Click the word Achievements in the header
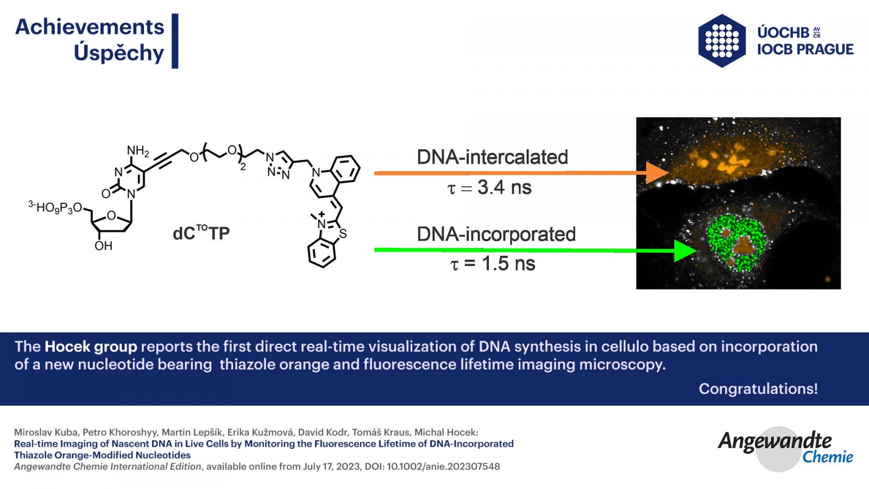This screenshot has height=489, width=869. click(90, 27)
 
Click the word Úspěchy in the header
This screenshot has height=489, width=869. click(119, 53)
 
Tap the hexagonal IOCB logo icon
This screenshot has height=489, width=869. click(722, 41)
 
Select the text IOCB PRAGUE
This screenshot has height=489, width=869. click(805, 49)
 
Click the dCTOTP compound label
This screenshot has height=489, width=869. click(201, 233)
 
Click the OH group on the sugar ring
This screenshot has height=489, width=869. click(103, 246)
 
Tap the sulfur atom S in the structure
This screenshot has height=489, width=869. click(343, 234)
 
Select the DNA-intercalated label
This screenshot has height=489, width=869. click(492, 157)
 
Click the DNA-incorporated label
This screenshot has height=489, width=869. click(496, 234)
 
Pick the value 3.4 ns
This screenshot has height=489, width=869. click(505, 187)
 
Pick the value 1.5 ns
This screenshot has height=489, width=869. click(508, 264)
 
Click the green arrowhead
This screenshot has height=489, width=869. click(685, 250)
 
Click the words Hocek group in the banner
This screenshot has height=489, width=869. click(91, 347)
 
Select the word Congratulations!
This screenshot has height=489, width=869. click(758, 388)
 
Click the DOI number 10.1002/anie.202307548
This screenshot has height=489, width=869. click(443, 467)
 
